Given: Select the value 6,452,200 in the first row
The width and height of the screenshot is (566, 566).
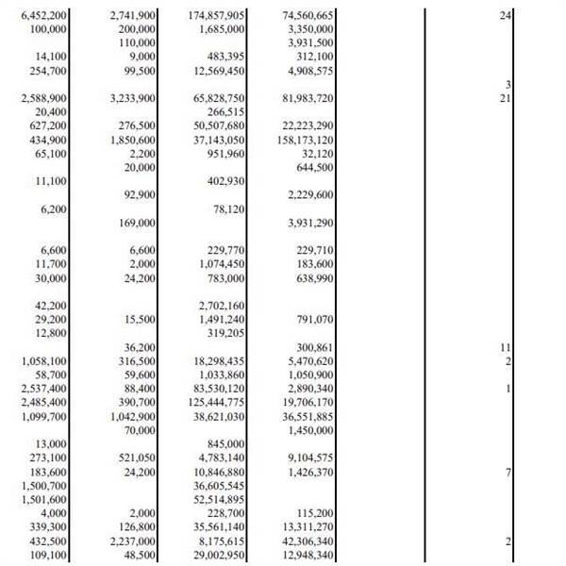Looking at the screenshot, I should [43, 16].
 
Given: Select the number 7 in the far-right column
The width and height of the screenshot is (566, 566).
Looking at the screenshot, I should [508, 472].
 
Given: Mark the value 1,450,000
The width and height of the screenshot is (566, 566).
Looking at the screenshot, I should [309, 430].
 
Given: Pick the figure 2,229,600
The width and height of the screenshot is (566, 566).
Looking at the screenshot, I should [309, 194].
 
